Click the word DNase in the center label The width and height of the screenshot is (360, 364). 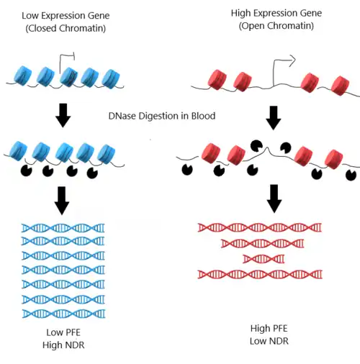pyautogui.click(x=122, y=116)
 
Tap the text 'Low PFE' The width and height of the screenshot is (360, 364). pyautogui.click(x=63, y=332)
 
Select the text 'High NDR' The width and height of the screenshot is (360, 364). pyautogui.click(x=63, y=345)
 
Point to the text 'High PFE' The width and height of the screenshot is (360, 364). pyautogui.click(x=269, y=329)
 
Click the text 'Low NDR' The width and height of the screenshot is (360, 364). pyautogui.click(x=269, y=341)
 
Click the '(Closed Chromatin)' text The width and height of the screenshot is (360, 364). pyautogui.click(x=66, y=28)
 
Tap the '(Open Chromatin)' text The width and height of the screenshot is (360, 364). pyautogui.click(x=276, y=26)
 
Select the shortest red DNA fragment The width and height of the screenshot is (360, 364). pyautogui.click(x=264, y=259)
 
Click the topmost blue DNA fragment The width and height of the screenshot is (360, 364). pyautogui.click(x=63, y=228)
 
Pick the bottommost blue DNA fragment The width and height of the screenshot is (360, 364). pyautogui.click(x=63, y=314)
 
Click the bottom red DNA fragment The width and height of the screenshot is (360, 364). pyautogui.click(x=260, y=274)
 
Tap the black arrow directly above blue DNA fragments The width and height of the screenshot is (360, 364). pyautogui.click(x=62, y=201)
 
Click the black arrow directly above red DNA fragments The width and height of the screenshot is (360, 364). pyautogui.click(x=274, y=199)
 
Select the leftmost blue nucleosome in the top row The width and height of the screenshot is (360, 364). pyautogui.click(x=23, y=76)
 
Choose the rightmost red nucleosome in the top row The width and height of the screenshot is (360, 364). pyautogui.click(x=341, y=86)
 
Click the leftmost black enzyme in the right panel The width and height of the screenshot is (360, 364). pyautogui.click(x=187, y=170)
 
